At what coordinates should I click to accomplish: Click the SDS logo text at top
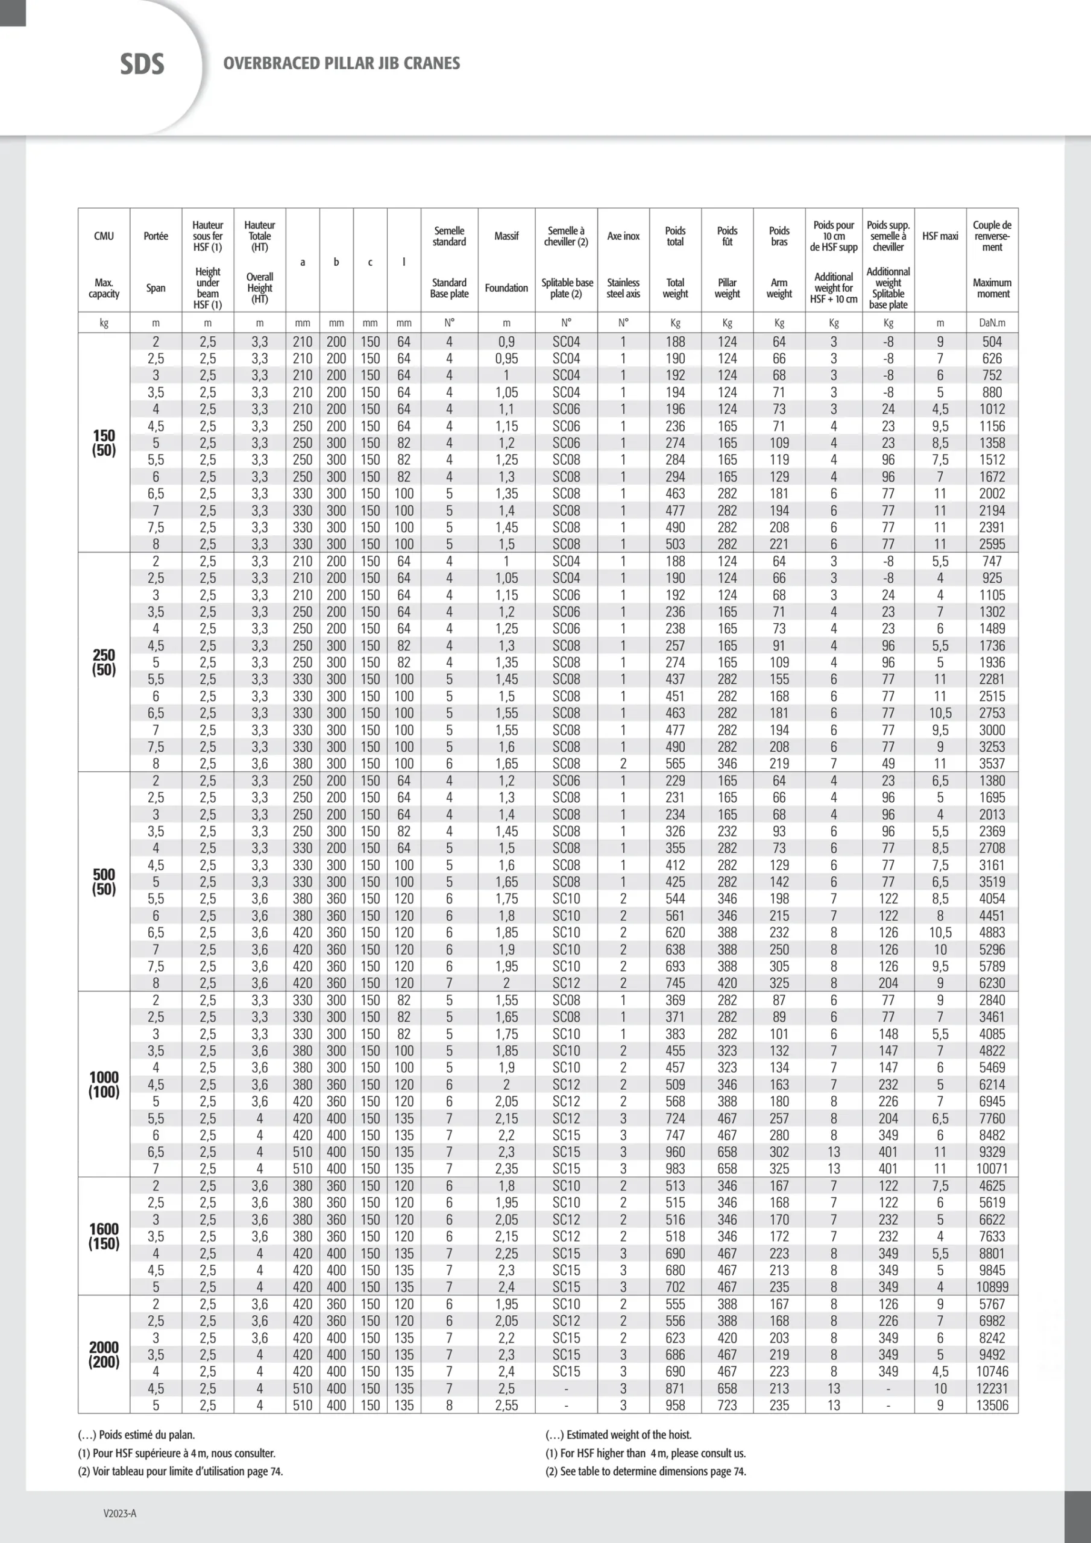click(142, 64)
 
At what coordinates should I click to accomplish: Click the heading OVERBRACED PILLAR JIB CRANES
click(342, 63)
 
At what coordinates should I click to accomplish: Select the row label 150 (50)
click(104, 442)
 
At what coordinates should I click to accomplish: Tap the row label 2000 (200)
click(104, 1354)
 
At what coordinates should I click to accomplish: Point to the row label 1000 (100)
click(104, 1084)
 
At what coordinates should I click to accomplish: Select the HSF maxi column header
click(940, 236)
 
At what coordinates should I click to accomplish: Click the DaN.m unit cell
click(992, 322)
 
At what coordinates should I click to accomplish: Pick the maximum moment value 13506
click(992, 1405)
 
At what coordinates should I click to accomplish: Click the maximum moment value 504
click(992, 341)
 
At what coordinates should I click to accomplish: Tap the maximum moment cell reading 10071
click(992, 1169)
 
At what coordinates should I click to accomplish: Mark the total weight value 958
click(675, 1405)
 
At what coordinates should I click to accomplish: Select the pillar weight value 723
click(727, 1405)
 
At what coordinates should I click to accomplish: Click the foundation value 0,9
click(506, 341)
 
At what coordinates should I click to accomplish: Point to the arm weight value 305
click(779, 966)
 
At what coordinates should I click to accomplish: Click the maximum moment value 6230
click(992, 982)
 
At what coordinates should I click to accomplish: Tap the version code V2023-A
click(120, 1513)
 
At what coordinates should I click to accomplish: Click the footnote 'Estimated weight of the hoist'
click(618, 1434)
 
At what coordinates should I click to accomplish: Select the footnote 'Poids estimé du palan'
click(136, 1434)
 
